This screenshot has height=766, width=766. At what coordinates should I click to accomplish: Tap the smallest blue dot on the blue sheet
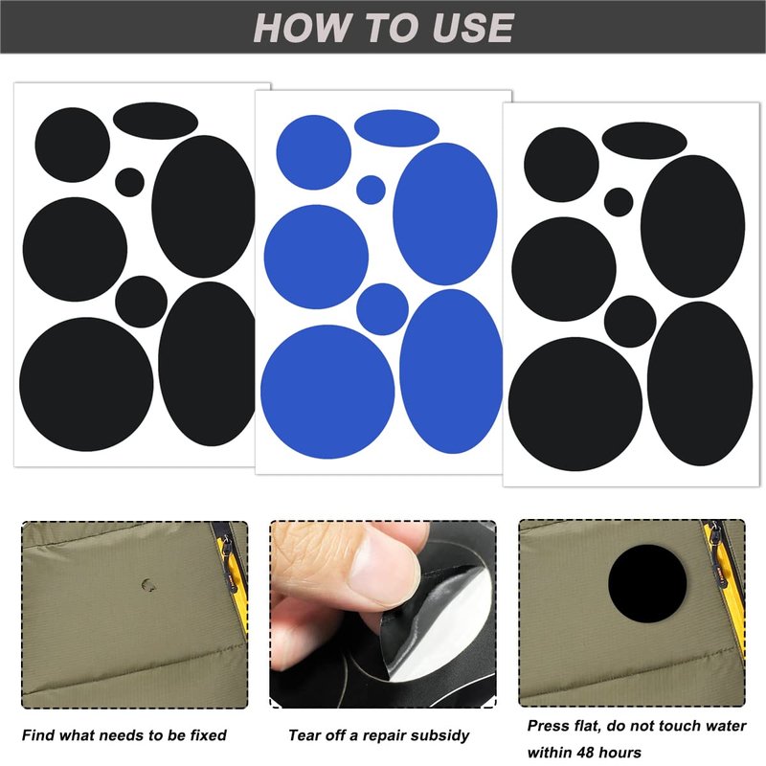[x=371, y=190]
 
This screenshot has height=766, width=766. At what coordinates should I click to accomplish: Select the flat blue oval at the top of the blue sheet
[x=396, y=128]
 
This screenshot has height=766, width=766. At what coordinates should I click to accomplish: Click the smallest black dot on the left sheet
[x=129, y=182]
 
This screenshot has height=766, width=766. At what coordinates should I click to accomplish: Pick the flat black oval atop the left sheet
[x=155, y=121]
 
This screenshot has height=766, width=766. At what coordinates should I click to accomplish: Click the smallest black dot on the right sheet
[x=619, y=202]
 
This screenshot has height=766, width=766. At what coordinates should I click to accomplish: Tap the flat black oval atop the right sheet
[x=644, y=141]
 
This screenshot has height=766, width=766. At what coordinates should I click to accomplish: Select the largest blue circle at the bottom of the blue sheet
[x=327, y=392]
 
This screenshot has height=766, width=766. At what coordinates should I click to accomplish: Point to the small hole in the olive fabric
[x=148, y=584]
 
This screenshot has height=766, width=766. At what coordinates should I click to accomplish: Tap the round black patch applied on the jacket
[x=647, y=584]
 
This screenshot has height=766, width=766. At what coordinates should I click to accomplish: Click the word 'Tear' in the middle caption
[x=303, y=735]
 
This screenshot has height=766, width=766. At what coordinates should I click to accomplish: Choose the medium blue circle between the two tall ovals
[x=382, y=308]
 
